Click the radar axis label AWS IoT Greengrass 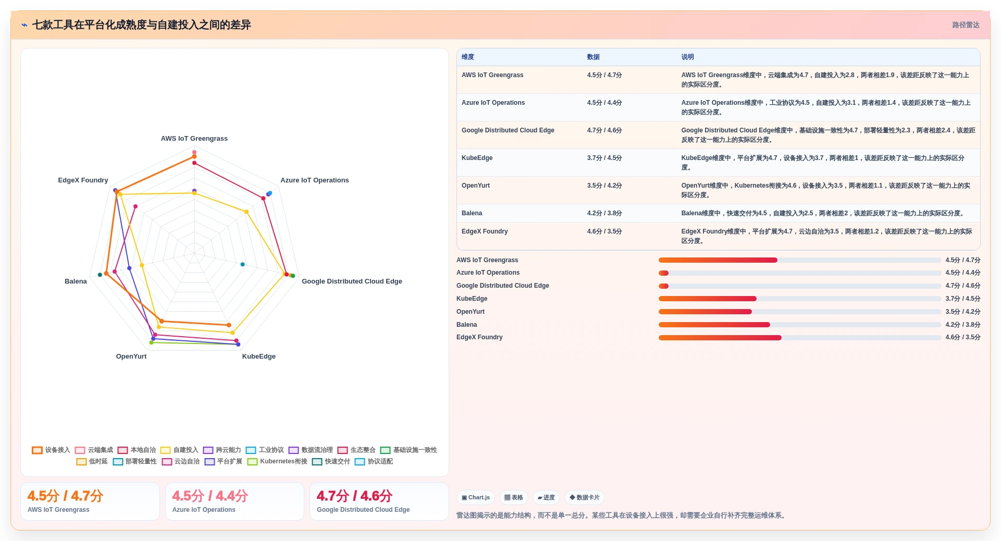[x=194, y=139]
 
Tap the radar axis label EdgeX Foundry [x=83, y=180]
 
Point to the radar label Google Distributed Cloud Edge [x=352, y=281]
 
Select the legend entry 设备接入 [x=51, y=450]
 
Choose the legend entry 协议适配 [x=374, y=462]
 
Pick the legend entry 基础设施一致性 [x=409, y=450]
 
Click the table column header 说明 [x=687, y=57]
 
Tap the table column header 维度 [x=468, y=57]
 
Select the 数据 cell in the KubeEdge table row [x=604, y=158]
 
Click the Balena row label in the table [x=472, y=213]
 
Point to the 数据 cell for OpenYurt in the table [x=604, y=186]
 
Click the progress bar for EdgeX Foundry [x=800, y=338]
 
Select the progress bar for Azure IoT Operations [x=800, y=273]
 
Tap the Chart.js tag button [x=476, y=498]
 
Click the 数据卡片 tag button [x=585, y=498]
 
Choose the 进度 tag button [x=546, y=498]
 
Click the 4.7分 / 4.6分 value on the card [x=354, y=496]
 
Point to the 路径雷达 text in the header [x=966, y=25]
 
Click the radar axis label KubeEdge [x=259, y=356]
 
